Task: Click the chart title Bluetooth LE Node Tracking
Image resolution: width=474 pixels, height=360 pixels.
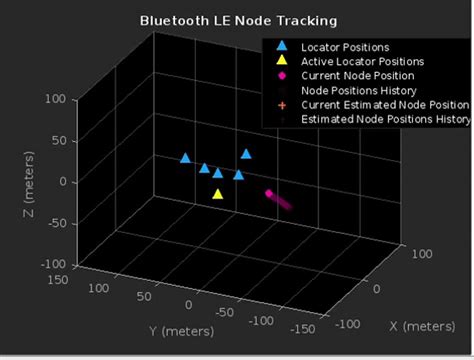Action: [x=237, y=19]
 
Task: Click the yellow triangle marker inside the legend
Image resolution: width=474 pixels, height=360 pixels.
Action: [x=282, y=61]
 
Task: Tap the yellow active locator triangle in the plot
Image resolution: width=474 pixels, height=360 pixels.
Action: [x=218, y=194]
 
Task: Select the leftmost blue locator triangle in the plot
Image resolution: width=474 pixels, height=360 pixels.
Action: [x=185, y=158]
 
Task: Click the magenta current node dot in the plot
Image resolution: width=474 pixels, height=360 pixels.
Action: [x=268, y=193]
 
